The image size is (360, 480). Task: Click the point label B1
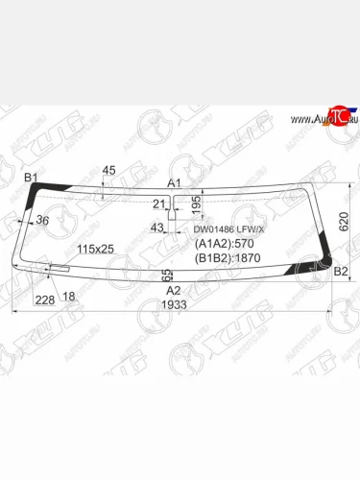click(30, 178)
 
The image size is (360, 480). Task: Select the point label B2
click(341, 273)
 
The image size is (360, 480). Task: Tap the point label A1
click(174, 182)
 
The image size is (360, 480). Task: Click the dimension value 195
click(197, 204)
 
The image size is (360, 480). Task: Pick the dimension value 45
click(108, 171)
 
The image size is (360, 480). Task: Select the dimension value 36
click(41, 222)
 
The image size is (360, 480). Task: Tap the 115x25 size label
click(95, 250)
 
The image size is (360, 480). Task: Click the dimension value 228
click(43, 300)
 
